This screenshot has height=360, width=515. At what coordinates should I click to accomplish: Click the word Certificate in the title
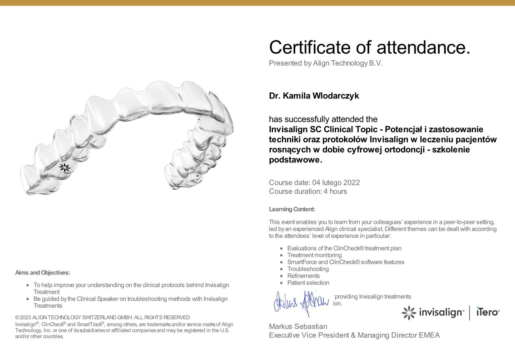[x=310, y=47]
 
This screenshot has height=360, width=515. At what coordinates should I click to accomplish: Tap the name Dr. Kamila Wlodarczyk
[x=314, y=96]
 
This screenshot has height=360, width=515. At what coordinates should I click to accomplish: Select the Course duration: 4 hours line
[x=308, y=191]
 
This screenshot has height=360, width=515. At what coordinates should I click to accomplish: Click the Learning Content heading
[x=292, y=209]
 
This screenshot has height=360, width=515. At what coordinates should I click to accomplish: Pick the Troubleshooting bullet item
[x=308, y=269]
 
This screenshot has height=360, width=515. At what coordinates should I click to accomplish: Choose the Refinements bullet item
[x=303, y=276]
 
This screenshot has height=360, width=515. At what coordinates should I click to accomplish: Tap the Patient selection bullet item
[x=308, y=283]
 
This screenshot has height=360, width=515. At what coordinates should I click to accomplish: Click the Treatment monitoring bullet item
[x=314, y=255]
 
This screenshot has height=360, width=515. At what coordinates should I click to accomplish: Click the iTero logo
[x=488, y=312]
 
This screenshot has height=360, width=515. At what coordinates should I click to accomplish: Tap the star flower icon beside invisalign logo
[x=409, y=313]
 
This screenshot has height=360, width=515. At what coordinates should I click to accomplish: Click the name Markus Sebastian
[x=298, y=326]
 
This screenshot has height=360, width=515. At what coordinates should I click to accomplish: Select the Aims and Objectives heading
[x=43, y=273]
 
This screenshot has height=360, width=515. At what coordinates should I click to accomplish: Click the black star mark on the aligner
[x=64, y=168]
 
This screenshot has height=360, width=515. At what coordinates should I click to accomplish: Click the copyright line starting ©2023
[x=103, y=317]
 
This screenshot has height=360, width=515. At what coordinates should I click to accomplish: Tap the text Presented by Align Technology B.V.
[x=326, y=63]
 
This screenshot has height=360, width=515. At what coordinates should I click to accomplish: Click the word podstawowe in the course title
[x=295, y=160]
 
